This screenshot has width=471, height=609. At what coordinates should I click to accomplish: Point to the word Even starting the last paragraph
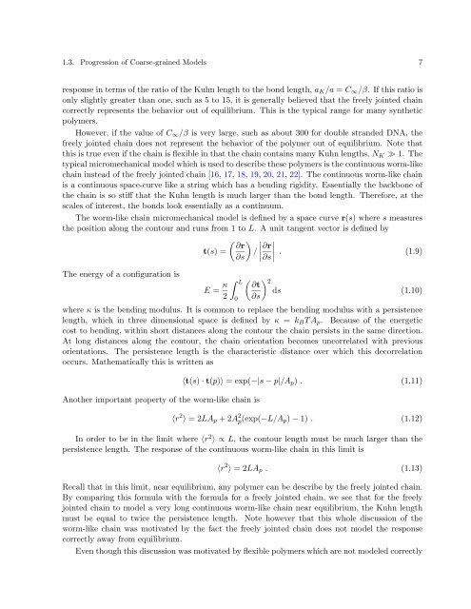coord(60,602)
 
